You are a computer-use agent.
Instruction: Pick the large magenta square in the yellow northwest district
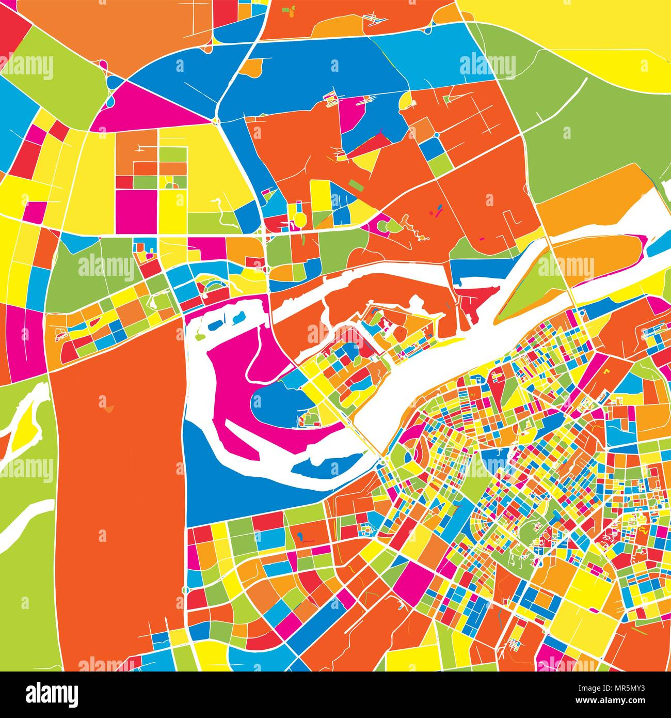(x=135, y=212)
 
